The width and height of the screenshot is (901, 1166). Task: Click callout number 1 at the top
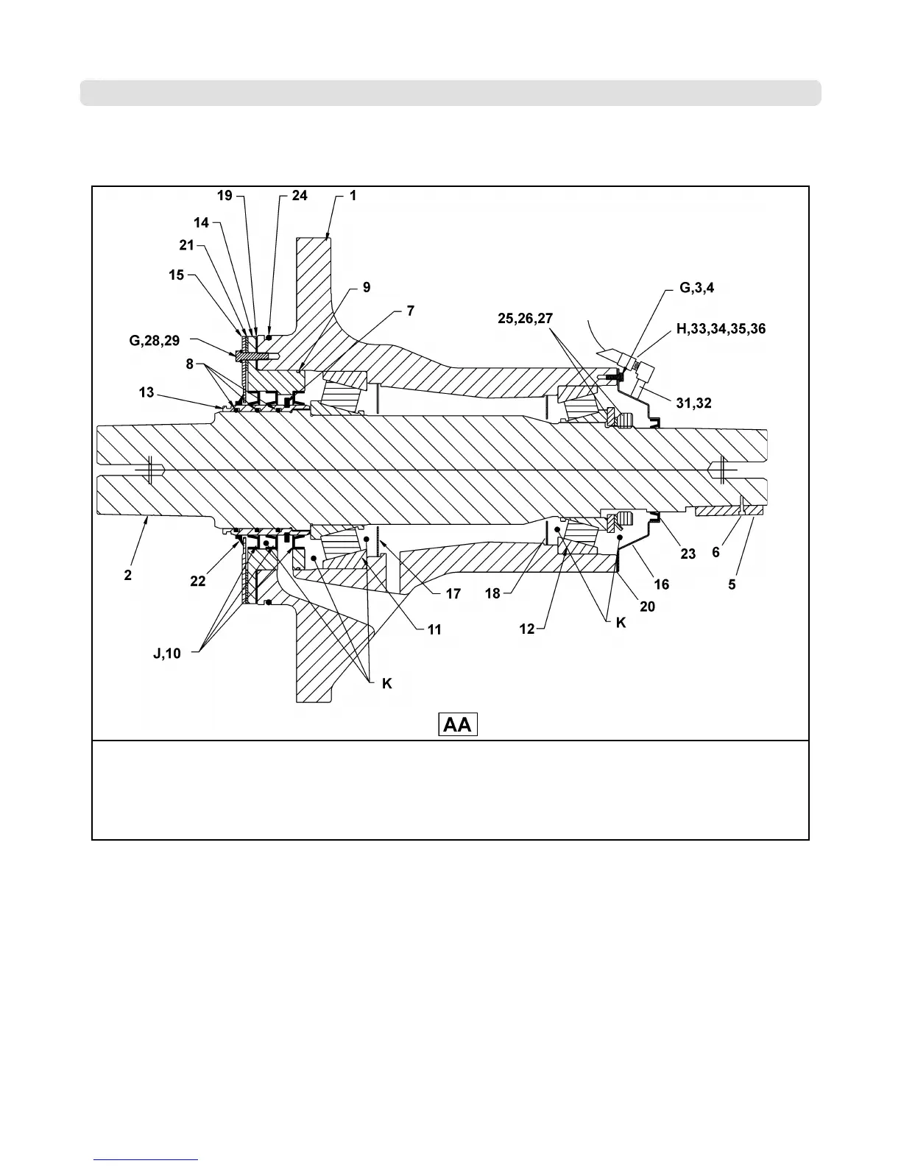point(353,196)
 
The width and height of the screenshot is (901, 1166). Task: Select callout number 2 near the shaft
point(128,575)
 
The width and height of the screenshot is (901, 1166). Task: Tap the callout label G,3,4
point(696,288)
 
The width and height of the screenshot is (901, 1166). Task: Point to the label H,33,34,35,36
point(721,329)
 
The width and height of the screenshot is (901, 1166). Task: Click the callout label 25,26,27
point(524,318)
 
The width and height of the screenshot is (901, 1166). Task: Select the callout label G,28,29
point(153,341)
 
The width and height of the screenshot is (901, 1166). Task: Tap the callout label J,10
point(168,653)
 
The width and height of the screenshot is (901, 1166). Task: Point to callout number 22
point(197,581)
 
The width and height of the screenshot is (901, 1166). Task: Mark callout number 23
point(688,554)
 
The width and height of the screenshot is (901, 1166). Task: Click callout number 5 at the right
point(732,584)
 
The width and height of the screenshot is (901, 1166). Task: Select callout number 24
point(299,196)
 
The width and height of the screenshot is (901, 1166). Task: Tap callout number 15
point(176,275)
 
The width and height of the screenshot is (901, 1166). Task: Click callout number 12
point(527,629)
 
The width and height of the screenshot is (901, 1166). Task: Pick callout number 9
point(366,288)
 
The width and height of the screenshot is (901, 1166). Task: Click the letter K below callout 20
point(621,622)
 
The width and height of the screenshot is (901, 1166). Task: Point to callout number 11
point(434,629)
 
